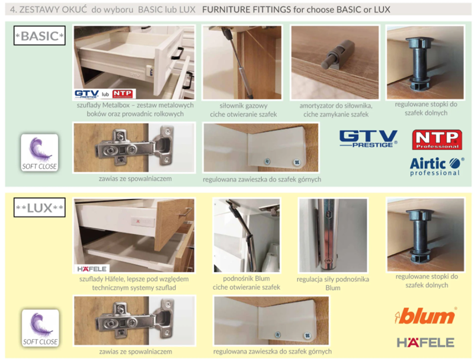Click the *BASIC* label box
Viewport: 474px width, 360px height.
click(40, 36)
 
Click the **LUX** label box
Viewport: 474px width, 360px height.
click(40, 207)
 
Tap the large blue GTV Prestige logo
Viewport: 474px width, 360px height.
click(368, 139)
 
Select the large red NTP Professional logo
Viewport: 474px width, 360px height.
click(437, 140)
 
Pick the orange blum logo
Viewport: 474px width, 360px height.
click(425, 316)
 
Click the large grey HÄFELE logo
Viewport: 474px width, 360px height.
click(425, 342)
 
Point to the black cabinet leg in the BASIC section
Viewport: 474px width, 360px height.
click(420, 63)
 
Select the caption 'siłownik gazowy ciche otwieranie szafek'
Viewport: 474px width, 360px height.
click(244, 110)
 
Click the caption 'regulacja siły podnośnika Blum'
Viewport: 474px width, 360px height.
click(333, 283)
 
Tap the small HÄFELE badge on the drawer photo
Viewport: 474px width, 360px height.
click(92, 269)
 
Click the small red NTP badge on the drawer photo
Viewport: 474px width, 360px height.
click(123, 94)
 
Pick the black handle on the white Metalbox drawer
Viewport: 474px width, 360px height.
click(177, 53)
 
